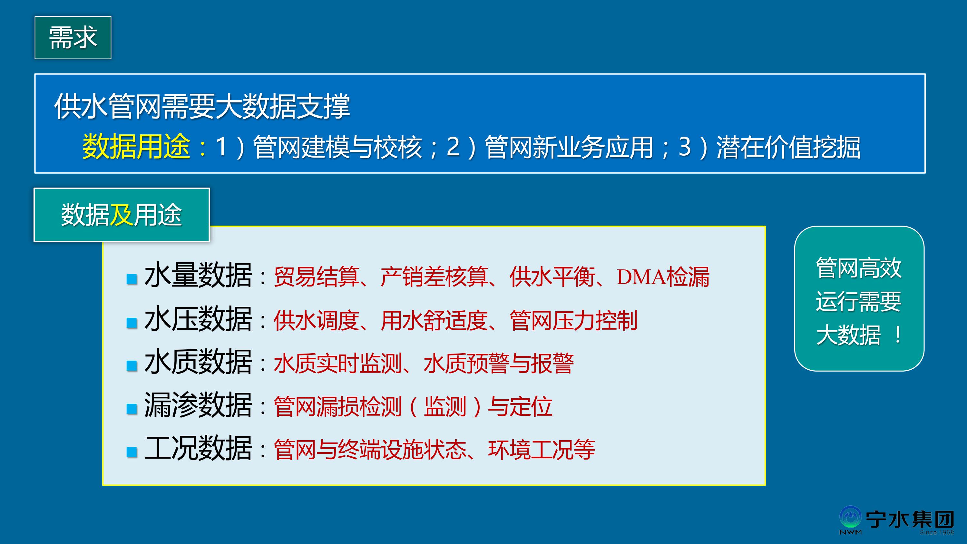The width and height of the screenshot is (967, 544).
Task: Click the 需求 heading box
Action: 73,37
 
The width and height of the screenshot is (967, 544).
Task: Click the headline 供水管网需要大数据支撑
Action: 202,106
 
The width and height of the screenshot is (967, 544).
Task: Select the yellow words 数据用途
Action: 136,146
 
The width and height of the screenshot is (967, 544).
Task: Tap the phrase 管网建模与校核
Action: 337,147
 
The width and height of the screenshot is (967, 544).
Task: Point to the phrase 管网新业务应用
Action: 569,147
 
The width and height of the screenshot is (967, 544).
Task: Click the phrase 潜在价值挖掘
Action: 788,147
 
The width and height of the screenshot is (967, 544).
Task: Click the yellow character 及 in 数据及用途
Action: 121,215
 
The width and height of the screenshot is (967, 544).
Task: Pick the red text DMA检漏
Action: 663,277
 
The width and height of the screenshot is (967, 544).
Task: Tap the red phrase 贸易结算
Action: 317,277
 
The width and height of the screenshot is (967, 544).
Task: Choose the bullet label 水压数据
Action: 198,319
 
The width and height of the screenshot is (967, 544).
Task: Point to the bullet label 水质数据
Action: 198,362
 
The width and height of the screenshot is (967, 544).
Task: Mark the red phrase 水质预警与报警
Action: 499,364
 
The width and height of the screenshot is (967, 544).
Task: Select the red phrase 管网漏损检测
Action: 338,407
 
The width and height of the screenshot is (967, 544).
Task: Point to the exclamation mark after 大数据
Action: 898,335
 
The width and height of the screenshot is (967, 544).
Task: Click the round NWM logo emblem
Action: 851,518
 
